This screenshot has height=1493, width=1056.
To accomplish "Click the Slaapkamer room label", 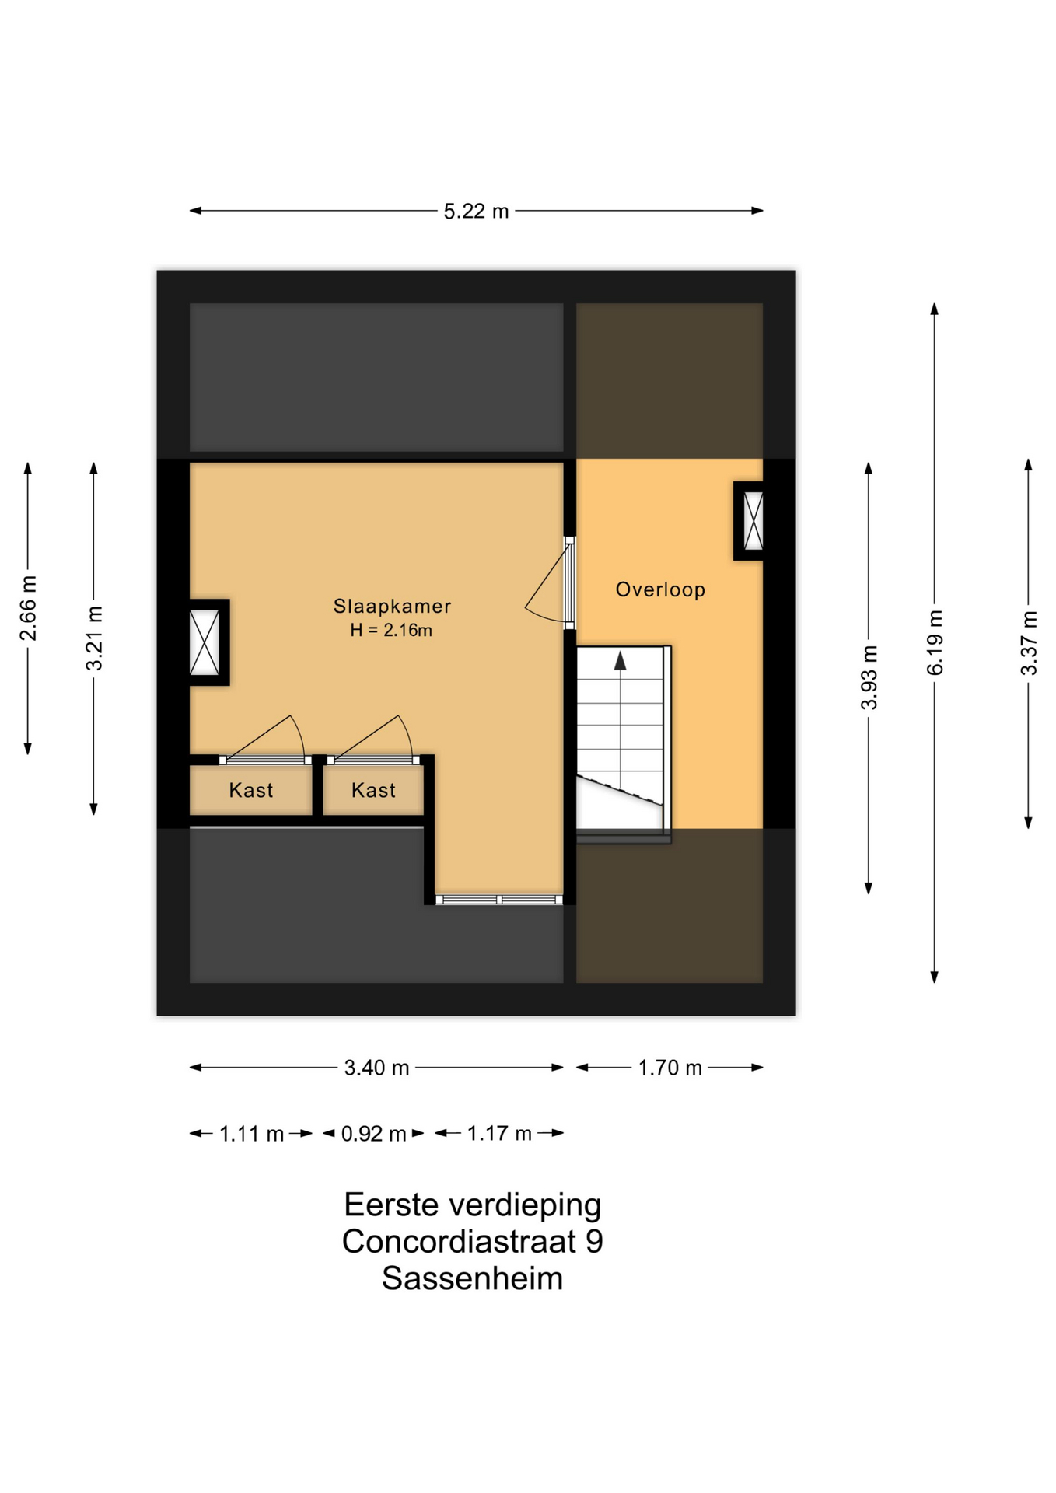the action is tap(392, 606).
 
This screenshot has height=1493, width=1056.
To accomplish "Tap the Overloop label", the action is tap(660, 589).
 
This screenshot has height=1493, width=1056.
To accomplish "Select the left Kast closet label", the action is tap(250, 790).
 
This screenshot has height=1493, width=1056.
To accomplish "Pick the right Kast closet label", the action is tap(373, 790).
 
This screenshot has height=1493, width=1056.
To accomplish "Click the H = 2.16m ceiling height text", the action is tap(391, 630).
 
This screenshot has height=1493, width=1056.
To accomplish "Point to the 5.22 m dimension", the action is tap(476, 211).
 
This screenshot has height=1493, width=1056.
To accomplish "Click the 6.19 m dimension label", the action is tap(935, 642).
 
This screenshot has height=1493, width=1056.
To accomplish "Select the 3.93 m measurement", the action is tap(869, 677).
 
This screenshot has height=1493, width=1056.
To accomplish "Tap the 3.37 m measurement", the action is tap(1029, 643).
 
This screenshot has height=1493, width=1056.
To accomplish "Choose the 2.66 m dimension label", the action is tap(28, 608).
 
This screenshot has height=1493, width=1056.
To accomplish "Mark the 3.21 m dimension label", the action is tap(94, 638).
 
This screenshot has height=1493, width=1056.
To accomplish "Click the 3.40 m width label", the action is tap(376, 1068).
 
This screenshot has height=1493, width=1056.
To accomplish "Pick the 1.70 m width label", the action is tap(670, 1068).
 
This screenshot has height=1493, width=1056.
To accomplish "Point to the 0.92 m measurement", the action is tap(373, 1134).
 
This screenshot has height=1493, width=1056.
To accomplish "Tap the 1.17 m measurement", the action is tap(499, 1134).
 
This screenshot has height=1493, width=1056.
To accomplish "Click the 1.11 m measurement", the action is tap(251, 1134).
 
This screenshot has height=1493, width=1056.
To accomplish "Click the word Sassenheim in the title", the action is tap(472, 1278).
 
